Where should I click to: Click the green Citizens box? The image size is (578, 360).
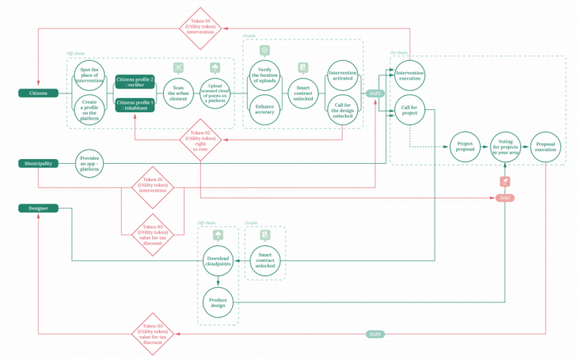pos(38,93)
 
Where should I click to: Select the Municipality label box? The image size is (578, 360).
pos(38,164)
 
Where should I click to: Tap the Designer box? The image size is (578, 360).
pos(38,208)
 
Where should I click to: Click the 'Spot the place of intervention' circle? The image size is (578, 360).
pos(89,76)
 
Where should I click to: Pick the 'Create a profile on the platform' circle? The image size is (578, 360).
pos(89,110)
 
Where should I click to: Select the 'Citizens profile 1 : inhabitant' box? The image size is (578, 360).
pos(135,104)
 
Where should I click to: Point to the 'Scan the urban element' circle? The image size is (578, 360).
pos(179,93)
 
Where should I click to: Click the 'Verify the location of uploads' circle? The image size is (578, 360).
pos(264,76)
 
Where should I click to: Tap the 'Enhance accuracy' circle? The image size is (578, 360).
pos(264,110)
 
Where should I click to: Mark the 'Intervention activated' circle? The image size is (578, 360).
pos(343,76)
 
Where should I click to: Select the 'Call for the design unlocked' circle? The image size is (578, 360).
pos(343,110)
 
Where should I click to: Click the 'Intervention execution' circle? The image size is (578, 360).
pos(409,76)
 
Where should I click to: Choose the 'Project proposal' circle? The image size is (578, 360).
pos(466,146)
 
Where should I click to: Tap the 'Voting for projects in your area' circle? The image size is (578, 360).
pos(505,146)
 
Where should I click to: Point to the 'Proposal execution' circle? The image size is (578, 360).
pos(546,146)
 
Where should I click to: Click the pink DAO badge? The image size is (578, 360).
pos(504,198)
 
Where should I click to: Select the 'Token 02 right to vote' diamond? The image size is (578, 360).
pos(200,139)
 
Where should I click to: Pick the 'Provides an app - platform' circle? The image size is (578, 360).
pos(89,163)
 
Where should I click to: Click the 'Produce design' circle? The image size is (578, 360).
pos(218,302)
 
